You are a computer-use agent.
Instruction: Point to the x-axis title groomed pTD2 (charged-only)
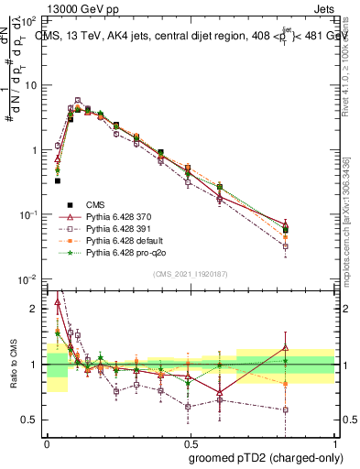pyautogui.click(x=265, y=457)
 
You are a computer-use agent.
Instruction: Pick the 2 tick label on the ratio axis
pyautogui.click(x=36, y=309)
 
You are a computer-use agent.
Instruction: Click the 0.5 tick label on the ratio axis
pyautogui.click(x=31, y=420)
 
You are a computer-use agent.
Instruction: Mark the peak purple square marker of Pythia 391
pyautogui.click(x=78, y=101)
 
